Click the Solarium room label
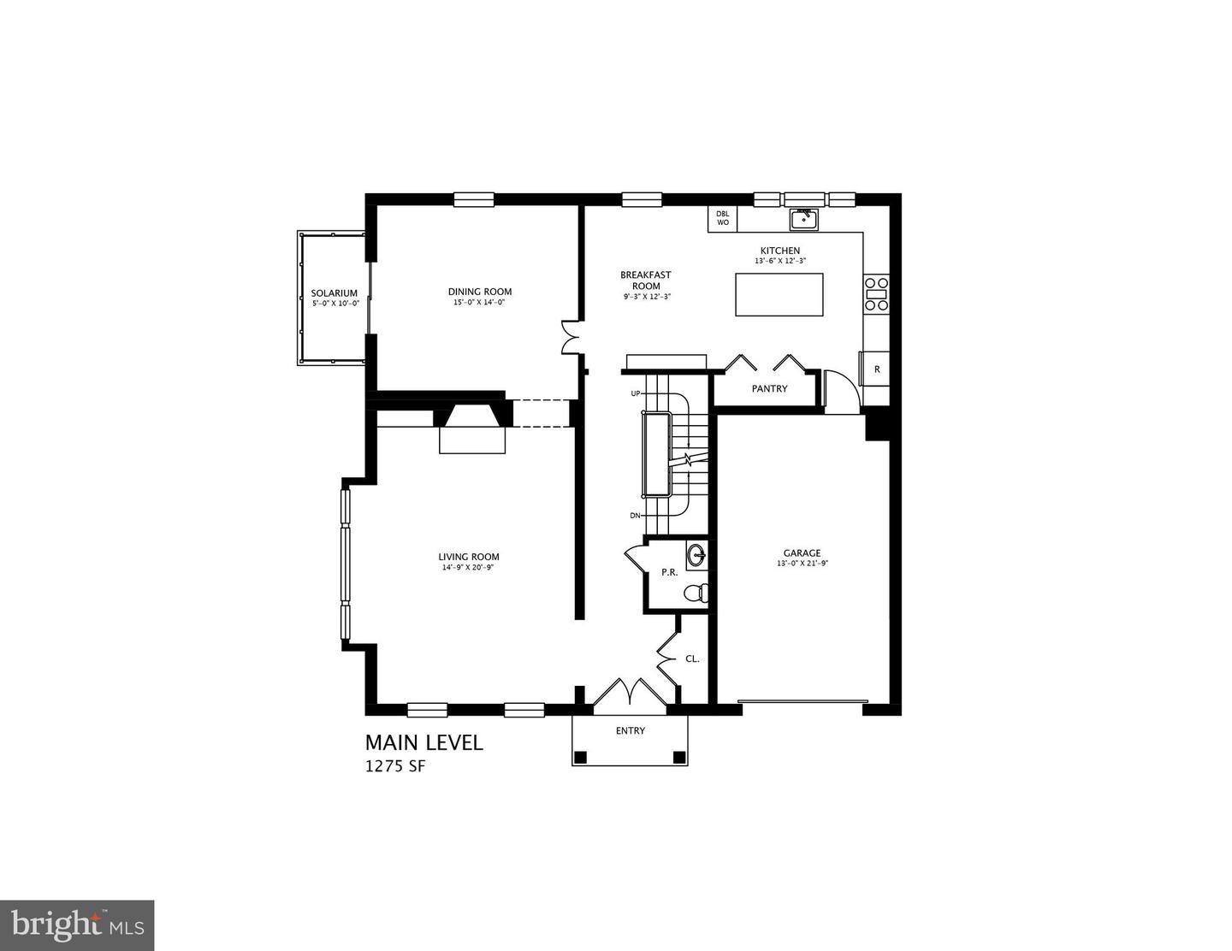334,293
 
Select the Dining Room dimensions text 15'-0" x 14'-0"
480,303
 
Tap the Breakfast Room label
646,281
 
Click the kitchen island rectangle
779,294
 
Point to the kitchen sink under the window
803,220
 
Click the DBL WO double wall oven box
722,219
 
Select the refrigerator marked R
876,370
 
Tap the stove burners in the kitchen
876,292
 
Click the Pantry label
769,389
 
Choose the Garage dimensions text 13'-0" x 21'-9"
802,564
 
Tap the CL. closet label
692,659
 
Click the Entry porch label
630,731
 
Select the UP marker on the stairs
636,393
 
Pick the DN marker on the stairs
636,516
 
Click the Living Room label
469,557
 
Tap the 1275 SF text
394,766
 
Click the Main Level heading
423,742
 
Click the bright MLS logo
77,925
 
